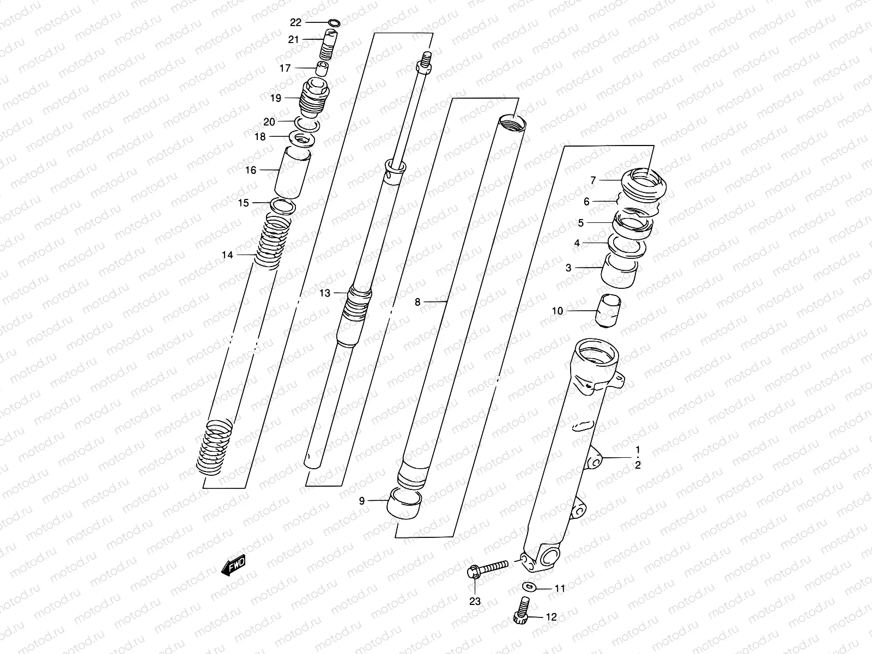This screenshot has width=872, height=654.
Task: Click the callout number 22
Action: coord(295,22)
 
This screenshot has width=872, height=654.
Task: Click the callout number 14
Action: coord(227,255)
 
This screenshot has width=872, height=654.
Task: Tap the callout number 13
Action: coord(325,293)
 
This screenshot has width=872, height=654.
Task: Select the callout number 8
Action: coord(417,301)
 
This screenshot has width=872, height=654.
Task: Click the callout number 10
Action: coord(557,311)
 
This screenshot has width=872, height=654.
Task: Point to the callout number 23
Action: coord(475,601)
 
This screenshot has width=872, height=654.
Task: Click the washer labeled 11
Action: coord(528,586)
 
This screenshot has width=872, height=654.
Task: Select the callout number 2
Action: coord(637,465)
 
